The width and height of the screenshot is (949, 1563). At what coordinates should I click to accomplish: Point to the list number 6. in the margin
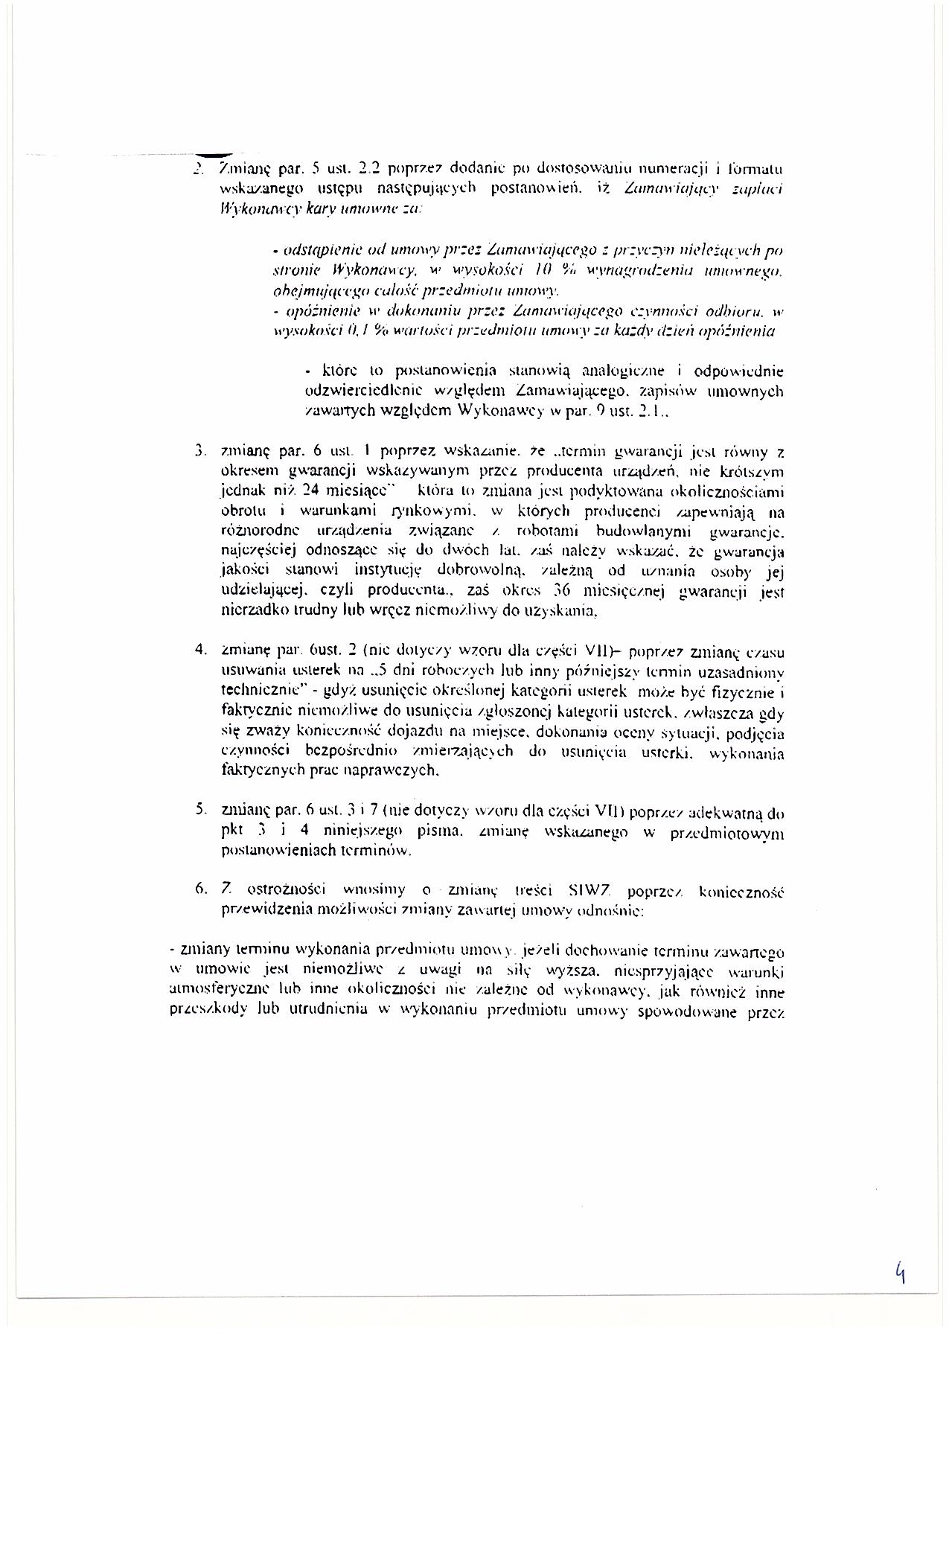(199, 890)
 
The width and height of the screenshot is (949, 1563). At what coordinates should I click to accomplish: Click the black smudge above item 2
(210, 153)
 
